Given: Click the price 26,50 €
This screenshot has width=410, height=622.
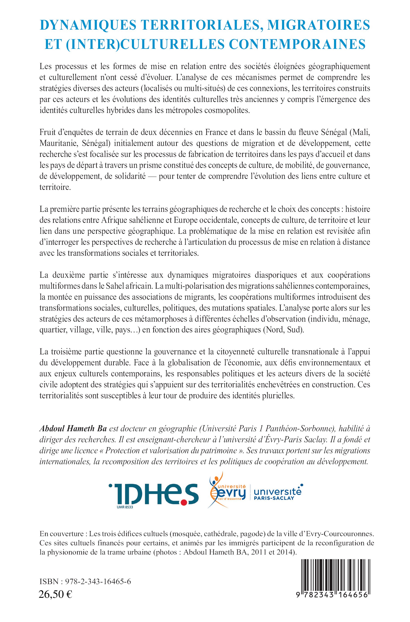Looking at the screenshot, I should (55, 608).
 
